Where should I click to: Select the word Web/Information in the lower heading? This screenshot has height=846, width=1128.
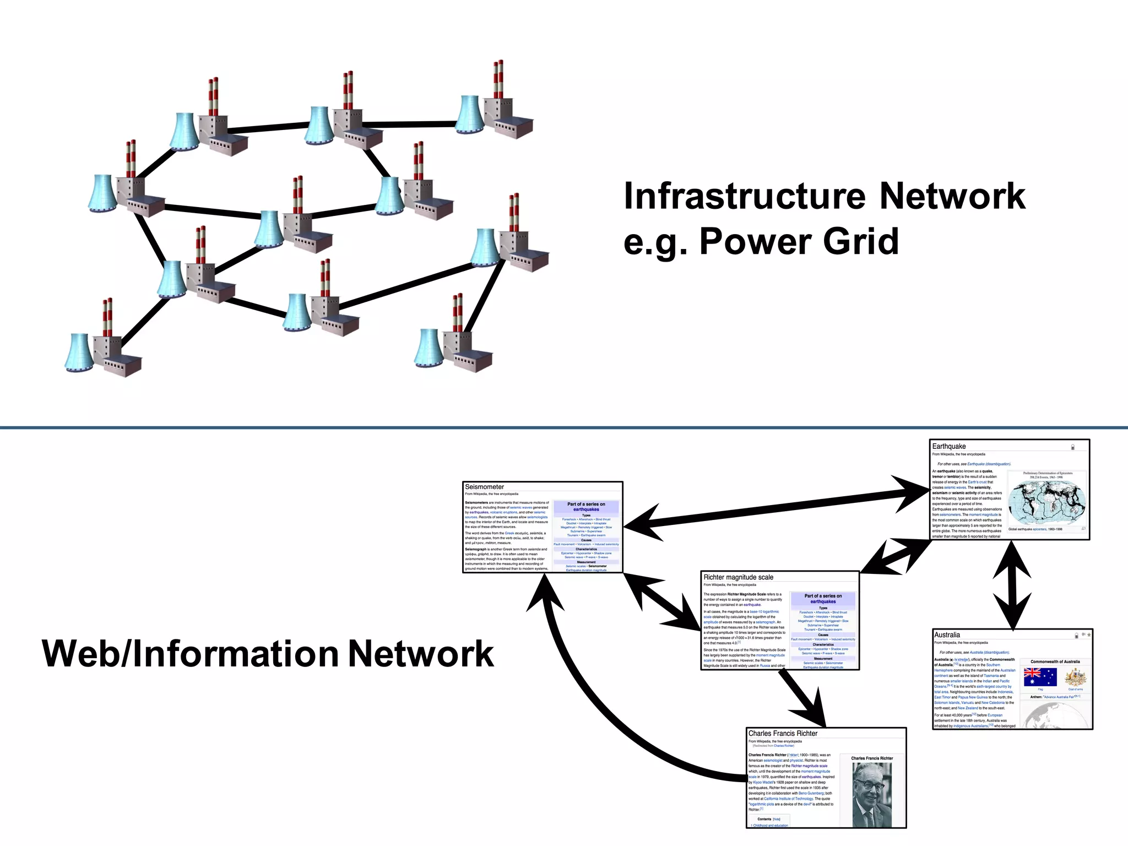tap(190, 654)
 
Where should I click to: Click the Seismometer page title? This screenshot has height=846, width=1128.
tap(484, 487)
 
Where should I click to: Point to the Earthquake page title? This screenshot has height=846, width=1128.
tap(949, 446)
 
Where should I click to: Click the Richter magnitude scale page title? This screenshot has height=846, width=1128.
tap(738, 577)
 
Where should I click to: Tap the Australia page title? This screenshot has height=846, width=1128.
tap(947, 635)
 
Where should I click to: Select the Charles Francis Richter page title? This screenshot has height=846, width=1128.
tap(783, 734)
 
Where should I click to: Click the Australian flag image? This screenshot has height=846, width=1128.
tap(1040, 677)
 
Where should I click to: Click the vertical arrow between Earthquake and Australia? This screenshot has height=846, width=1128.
tap(1012, 585)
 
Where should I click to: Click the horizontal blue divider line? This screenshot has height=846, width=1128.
tap(564, 427)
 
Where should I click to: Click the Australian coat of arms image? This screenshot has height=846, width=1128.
tap(1075, 677)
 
